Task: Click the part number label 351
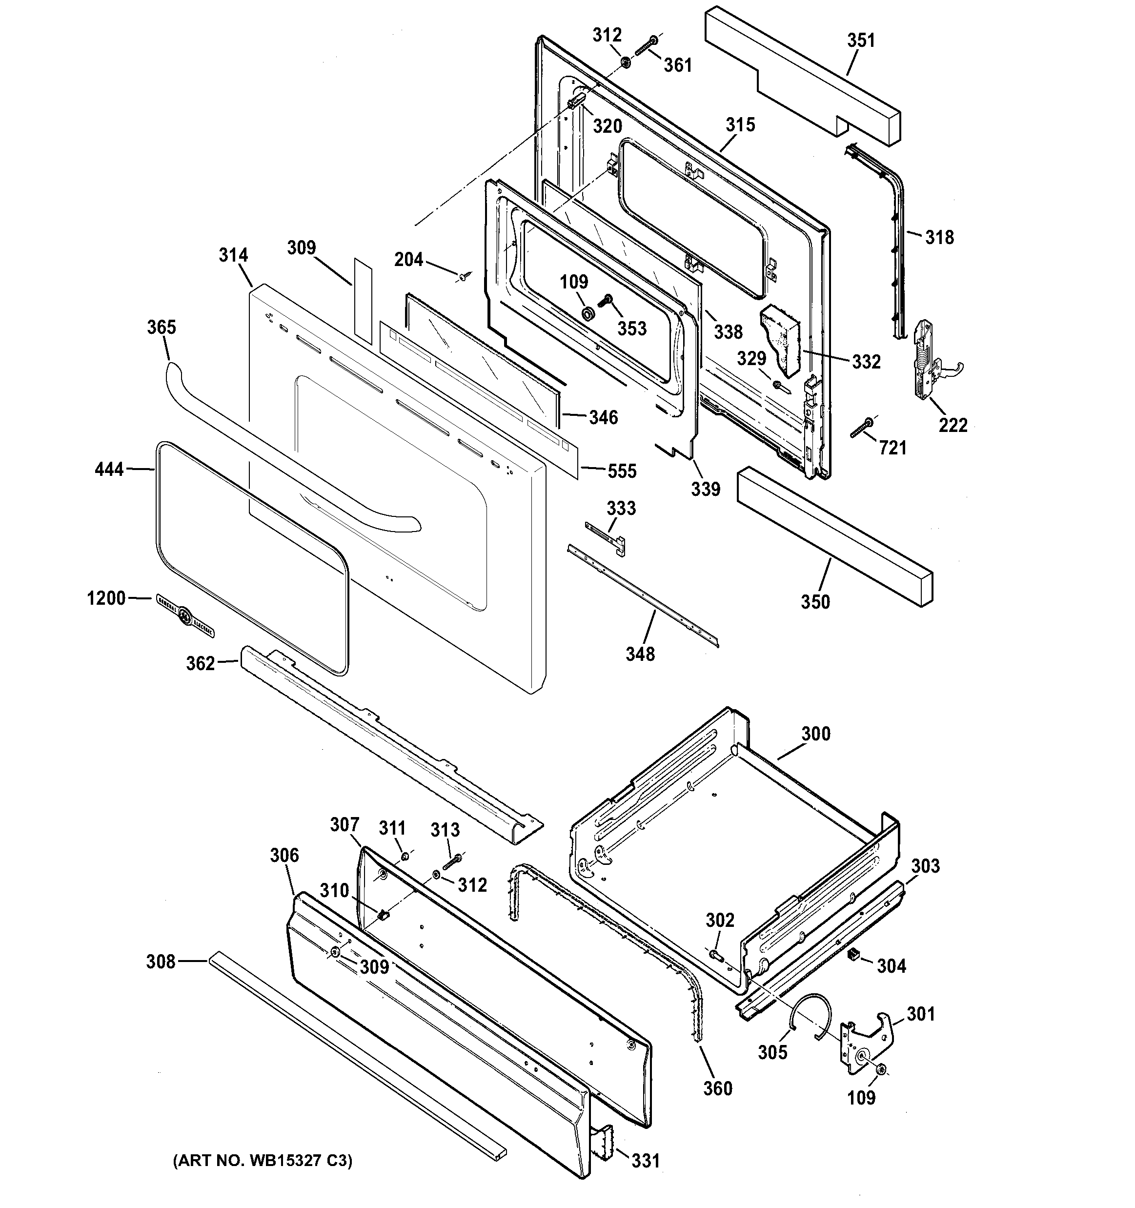[861, 41]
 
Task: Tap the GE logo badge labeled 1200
[185, 615]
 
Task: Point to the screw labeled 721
[862, 427]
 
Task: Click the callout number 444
[109, 469]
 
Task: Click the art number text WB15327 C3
[263, 1161]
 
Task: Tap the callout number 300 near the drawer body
[815, 734]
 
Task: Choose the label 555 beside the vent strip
[622, 471]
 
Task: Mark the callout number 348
[640, 654]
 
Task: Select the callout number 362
[201, 663]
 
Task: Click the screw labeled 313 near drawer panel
[453, 861]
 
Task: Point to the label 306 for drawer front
[284, 855]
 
